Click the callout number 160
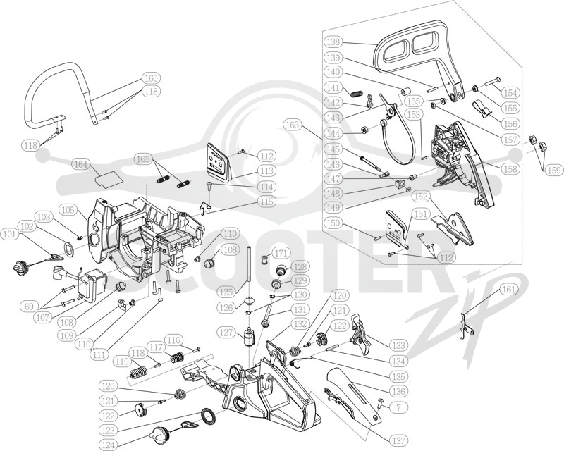point(151,78)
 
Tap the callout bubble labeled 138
point(333,42)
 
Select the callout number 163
point(292,125)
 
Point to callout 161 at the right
point(509,290)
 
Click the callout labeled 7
point(398,407)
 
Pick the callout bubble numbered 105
point(68,210)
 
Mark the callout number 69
point(29,307)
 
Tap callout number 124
point(108,445)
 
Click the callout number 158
point(510,168)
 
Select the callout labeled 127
point(226,333)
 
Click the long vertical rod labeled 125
point(249,270)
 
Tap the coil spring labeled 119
point(138,372)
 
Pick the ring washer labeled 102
point(68,249)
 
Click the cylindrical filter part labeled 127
point(247,337)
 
